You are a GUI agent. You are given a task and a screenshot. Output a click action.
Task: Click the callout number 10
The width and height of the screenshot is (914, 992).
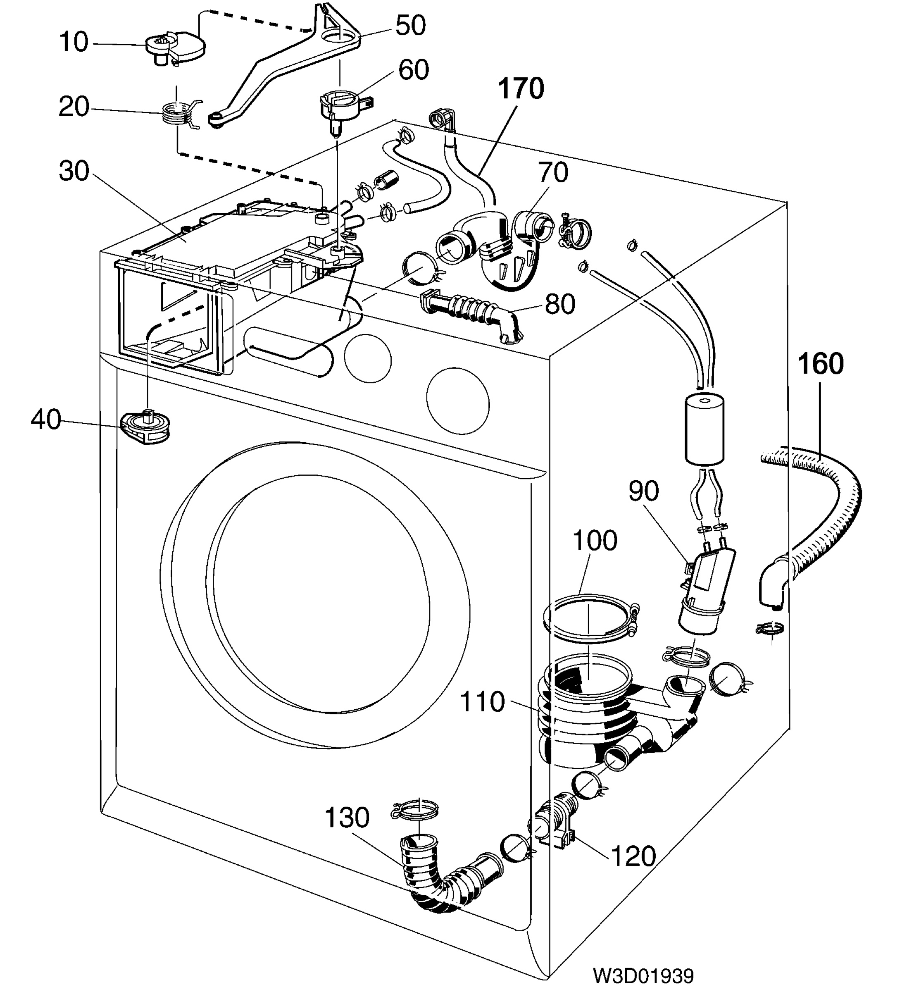tap(74, 42)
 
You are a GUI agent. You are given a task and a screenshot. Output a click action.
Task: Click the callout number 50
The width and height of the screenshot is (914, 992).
tap(410, 25)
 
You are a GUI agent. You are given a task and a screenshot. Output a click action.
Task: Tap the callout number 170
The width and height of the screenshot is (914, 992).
tap(521, 89)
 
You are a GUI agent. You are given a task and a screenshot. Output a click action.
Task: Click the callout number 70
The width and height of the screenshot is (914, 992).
tap(553, 173)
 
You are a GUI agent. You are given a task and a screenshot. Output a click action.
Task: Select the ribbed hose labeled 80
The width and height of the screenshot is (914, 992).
tap(470, 313)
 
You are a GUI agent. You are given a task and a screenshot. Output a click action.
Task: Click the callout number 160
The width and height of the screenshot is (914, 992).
tap(821, 364)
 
